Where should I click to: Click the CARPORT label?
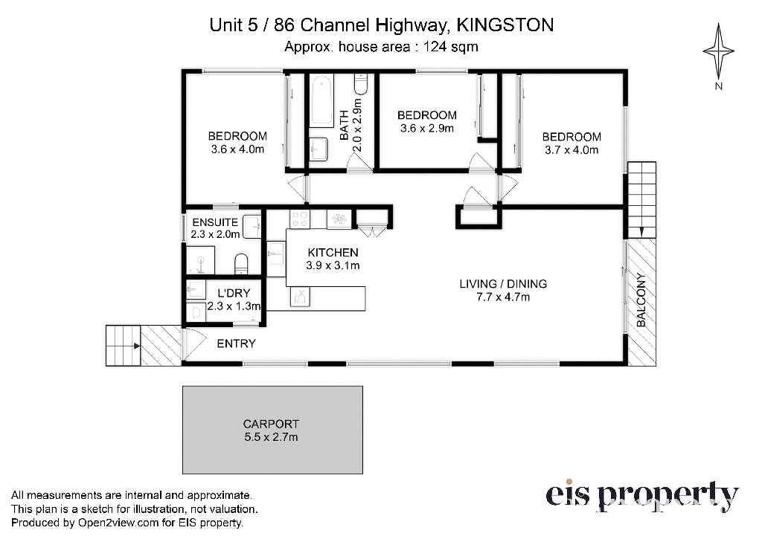pos(271,424)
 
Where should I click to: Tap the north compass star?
pos(718,50)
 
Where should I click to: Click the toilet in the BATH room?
pos(361,84)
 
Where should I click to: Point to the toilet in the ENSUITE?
pos(242,264)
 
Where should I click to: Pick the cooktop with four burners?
pos(299,219)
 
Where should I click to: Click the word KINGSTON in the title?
pos(505,25)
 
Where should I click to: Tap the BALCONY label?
pos(641,300)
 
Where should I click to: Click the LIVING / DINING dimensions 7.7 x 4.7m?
pos(503,297)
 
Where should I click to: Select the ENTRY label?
pos(236,343)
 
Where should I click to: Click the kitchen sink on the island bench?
pos(300,297)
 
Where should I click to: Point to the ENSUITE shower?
pos(200,260)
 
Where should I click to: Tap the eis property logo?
pos(642,496)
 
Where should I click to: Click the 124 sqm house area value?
pos(450,47)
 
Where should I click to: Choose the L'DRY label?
pos(234,294)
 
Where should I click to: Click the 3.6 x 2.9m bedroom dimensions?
pos(426,128)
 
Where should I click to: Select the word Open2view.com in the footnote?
pos(118,523)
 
